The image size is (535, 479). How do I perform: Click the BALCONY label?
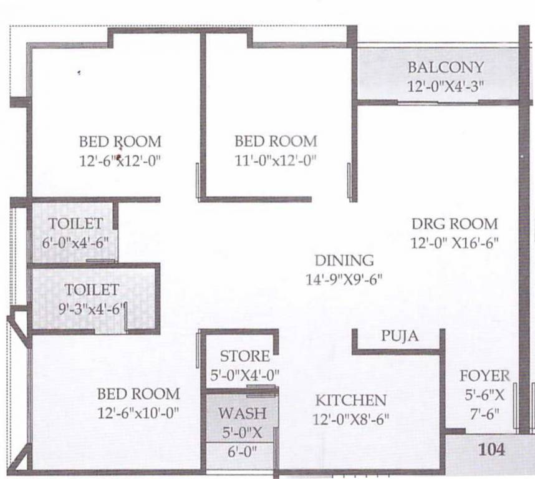tap(445, 67)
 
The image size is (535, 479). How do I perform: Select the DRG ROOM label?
tap(455, 224)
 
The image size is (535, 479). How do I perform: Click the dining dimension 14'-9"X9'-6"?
tap(344, 279)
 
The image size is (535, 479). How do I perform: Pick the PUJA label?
tap(400, 337)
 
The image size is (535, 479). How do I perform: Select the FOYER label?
tap(484, 376)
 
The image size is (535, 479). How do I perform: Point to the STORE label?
tap(245, 357)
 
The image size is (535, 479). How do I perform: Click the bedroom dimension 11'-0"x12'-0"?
tap(275, 160)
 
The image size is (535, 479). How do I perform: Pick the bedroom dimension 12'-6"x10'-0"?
tap(138, 412)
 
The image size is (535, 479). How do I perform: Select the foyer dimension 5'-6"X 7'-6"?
tap(484, 404)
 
